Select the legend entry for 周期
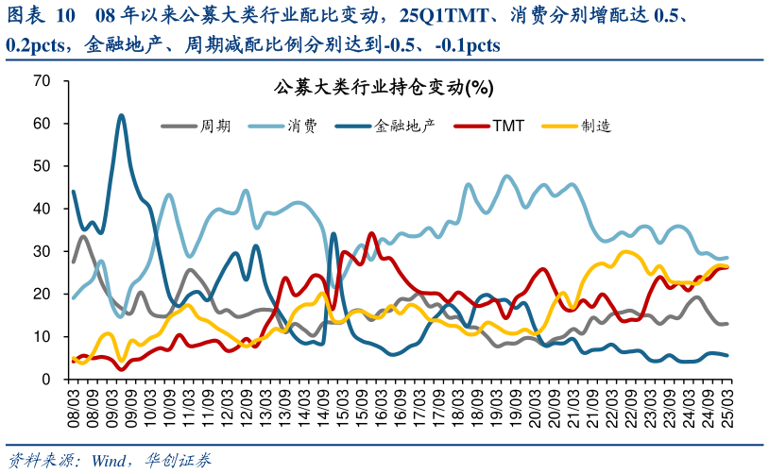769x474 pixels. pyautogui.click(x=196, y=125)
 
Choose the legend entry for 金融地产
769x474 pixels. pyautogui.click(x=385, y=125)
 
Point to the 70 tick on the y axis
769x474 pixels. pyautogui.click(x=41, y=81)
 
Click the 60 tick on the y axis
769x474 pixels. pyautogui.click(x=41, y=124)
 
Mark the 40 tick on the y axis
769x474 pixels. pyautogui.click(x=41, y=209)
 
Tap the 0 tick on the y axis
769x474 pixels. pyautogui.click(x=44, y=380)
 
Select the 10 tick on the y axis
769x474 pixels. pyautogui.click(x=41, y=337)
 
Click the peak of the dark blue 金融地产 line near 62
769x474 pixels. pyautogui.click(x=121, y=115)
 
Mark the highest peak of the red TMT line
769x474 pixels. pyautogui.click(x=371, y=233)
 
